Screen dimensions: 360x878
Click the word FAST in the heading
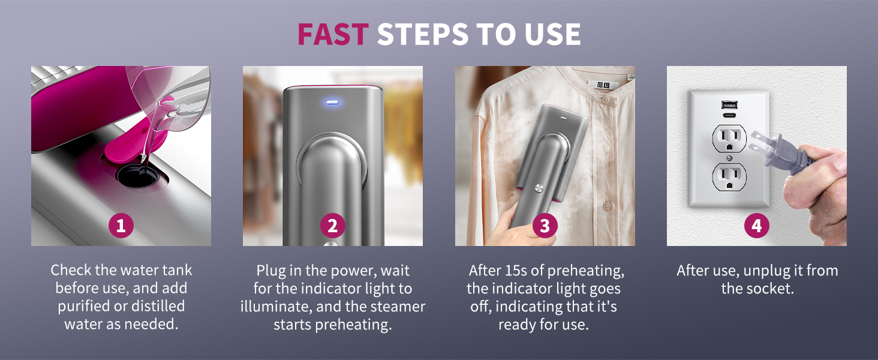coord(332,35)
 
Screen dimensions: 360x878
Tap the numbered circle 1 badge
coord(121,226)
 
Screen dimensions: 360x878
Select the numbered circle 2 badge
coord(332,226)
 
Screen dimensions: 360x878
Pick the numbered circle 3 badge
coord(545,226)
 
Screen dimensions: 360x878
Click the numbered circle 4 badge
coord(756,226)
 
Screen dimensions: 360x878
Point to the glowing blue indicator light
coord(332,102)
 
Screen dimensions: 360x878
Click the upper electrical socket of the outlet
coord(728,139)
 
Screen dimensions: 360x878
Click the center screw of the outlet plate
coord(728,158)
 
